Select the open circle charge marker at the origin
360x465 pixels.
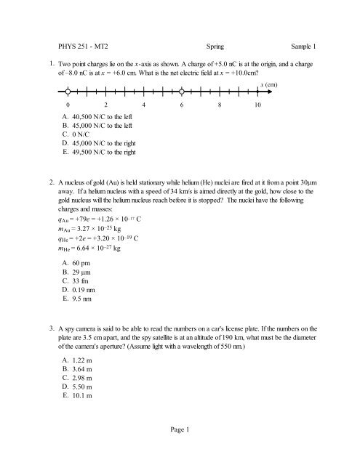tap(67, 92)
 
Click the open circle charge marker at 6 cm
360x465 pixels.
tap(181, 92)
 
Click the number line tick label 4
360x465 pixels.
tap(143, 106)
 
